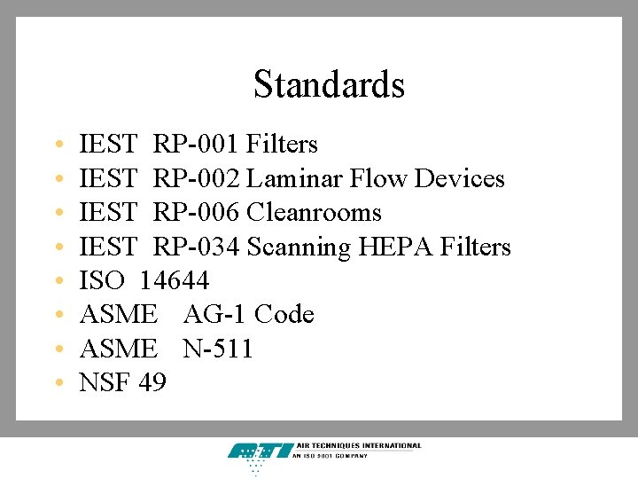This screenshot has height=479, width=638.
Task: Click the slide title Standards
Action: (329, 85)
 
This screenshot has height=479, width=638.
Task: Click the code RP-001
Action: (197, 144)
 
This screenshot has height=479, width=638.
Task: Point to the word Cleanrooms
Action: (314, 213)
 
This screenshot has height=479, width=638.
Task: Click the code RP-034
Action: (197, 247)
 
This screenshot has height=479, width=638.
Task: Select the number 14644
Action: (175, 281)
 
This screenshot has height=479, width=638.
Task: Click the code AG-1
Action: (215, 315)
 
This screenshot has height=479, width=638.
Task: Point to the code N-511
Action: (218, 349)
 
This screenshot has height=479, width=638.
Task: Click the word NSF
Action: (105, 383)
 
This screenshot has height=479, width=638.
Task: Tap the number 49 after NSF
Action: (152, 383)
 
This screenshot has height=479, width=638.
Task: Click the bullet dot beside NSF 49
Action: (57, 384)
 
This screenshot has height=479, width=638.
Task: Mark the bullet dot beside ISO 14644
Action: (57, 282)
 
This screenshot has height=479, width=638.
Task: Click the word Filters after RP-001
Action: (282, 144)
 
